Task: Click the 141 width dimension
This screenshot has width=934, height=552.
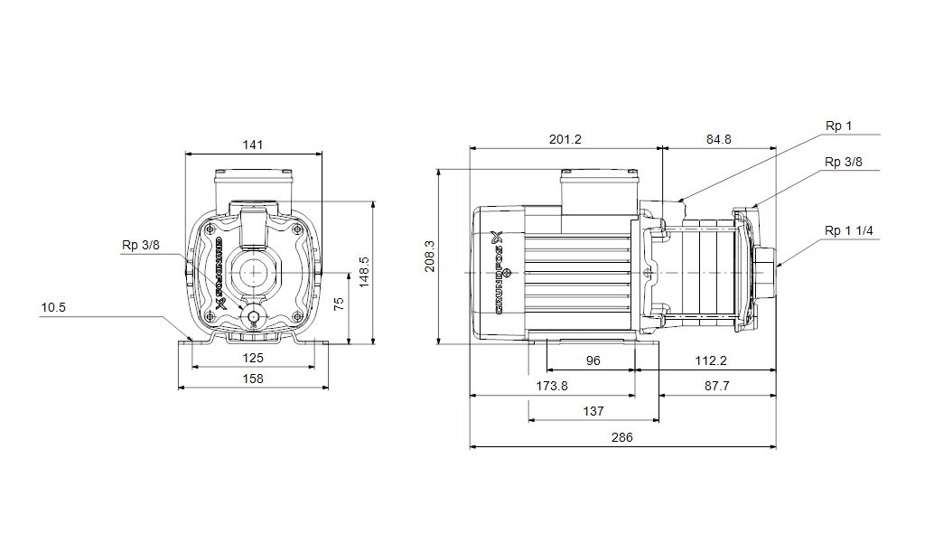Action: (x=253, y=145)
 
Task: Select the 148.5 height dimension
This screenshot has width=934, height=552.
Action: (x=364, y=272)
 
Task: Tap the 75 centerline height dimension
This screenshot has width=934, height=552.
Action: (x=339, y=304)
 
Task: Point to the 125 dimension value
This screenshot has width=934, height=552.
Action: (x=253, y=358)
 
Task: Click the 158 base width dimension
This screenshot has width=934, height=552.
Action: (x=253, y=379)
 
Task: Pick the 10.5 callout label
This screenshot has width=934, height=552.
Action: (x=53, y=308)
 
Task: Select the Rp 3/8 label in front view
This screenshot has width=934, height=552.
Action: (x=141, y=246)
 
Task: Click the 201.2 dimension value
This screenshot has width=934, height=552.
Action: (x=565, y=139)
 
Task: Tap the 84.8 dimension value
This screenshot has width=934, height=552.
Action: (x=718, y=139)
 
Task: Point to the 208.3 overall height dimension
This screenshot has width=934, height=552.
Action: (x=429, y=257)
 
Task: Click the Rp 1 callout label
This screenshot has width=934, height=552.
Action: (x=838, y=126)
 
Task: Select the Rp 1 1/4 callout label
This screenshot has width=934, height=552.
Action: (x=848, y=231)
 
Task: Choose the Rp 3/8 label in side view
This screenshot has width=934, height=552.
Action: (x=844, y=162)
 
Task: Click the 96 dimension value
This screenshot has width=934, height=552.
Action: (x=593, y=360)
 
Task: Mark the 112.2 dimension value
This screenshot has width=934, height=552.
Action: (x=711, y=360)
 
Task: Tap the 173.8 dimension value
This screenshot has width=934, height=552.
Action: (x=552, y=386)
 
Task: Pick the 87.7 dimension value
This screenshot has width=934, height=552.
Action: (x=716, y=386)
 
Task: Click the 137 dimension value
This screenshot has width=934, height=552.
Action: (x=593, y=411)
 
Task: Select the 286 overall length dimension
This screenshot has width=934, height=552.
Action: (x=621, y=437)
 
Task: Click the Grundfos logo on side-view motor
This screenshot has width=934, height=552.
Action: (x=500, y=272)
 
